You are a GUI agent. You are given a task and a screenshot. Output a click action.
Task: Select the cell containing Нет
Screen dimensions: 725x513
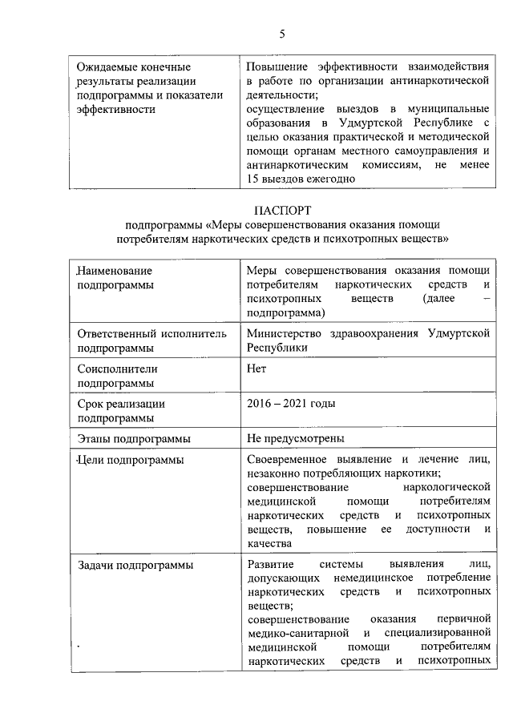coord(256,369)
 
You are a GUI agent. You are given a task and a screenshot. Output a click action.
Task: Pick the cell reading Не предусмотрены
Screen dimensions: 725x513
coord(296,439)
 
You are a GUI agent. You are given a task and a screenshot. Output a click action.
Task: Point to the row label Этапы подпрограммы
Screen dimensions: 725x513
coord(134,439)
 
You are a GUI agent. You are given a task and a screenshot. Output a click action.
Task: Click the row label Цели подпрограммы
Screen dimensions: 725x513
coord(131,460)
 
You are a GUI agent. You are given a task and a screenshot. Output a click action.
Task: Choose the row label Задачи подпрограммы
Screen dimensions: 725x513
coord(135,566)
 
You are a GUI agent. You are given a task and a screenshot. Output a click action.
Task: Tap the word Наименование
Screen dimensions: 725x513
coord(115,271)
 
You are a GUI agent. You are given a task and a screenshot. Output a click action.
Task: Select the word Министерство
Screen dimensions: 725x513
coord(287,334)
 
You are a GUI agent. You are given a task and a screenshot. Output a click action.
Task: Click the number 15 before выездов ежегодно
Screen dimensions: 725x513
coord(255,179)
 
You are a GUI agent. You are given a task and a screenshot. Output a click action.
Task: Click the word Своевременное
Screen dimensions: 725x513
coord(298,459)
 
